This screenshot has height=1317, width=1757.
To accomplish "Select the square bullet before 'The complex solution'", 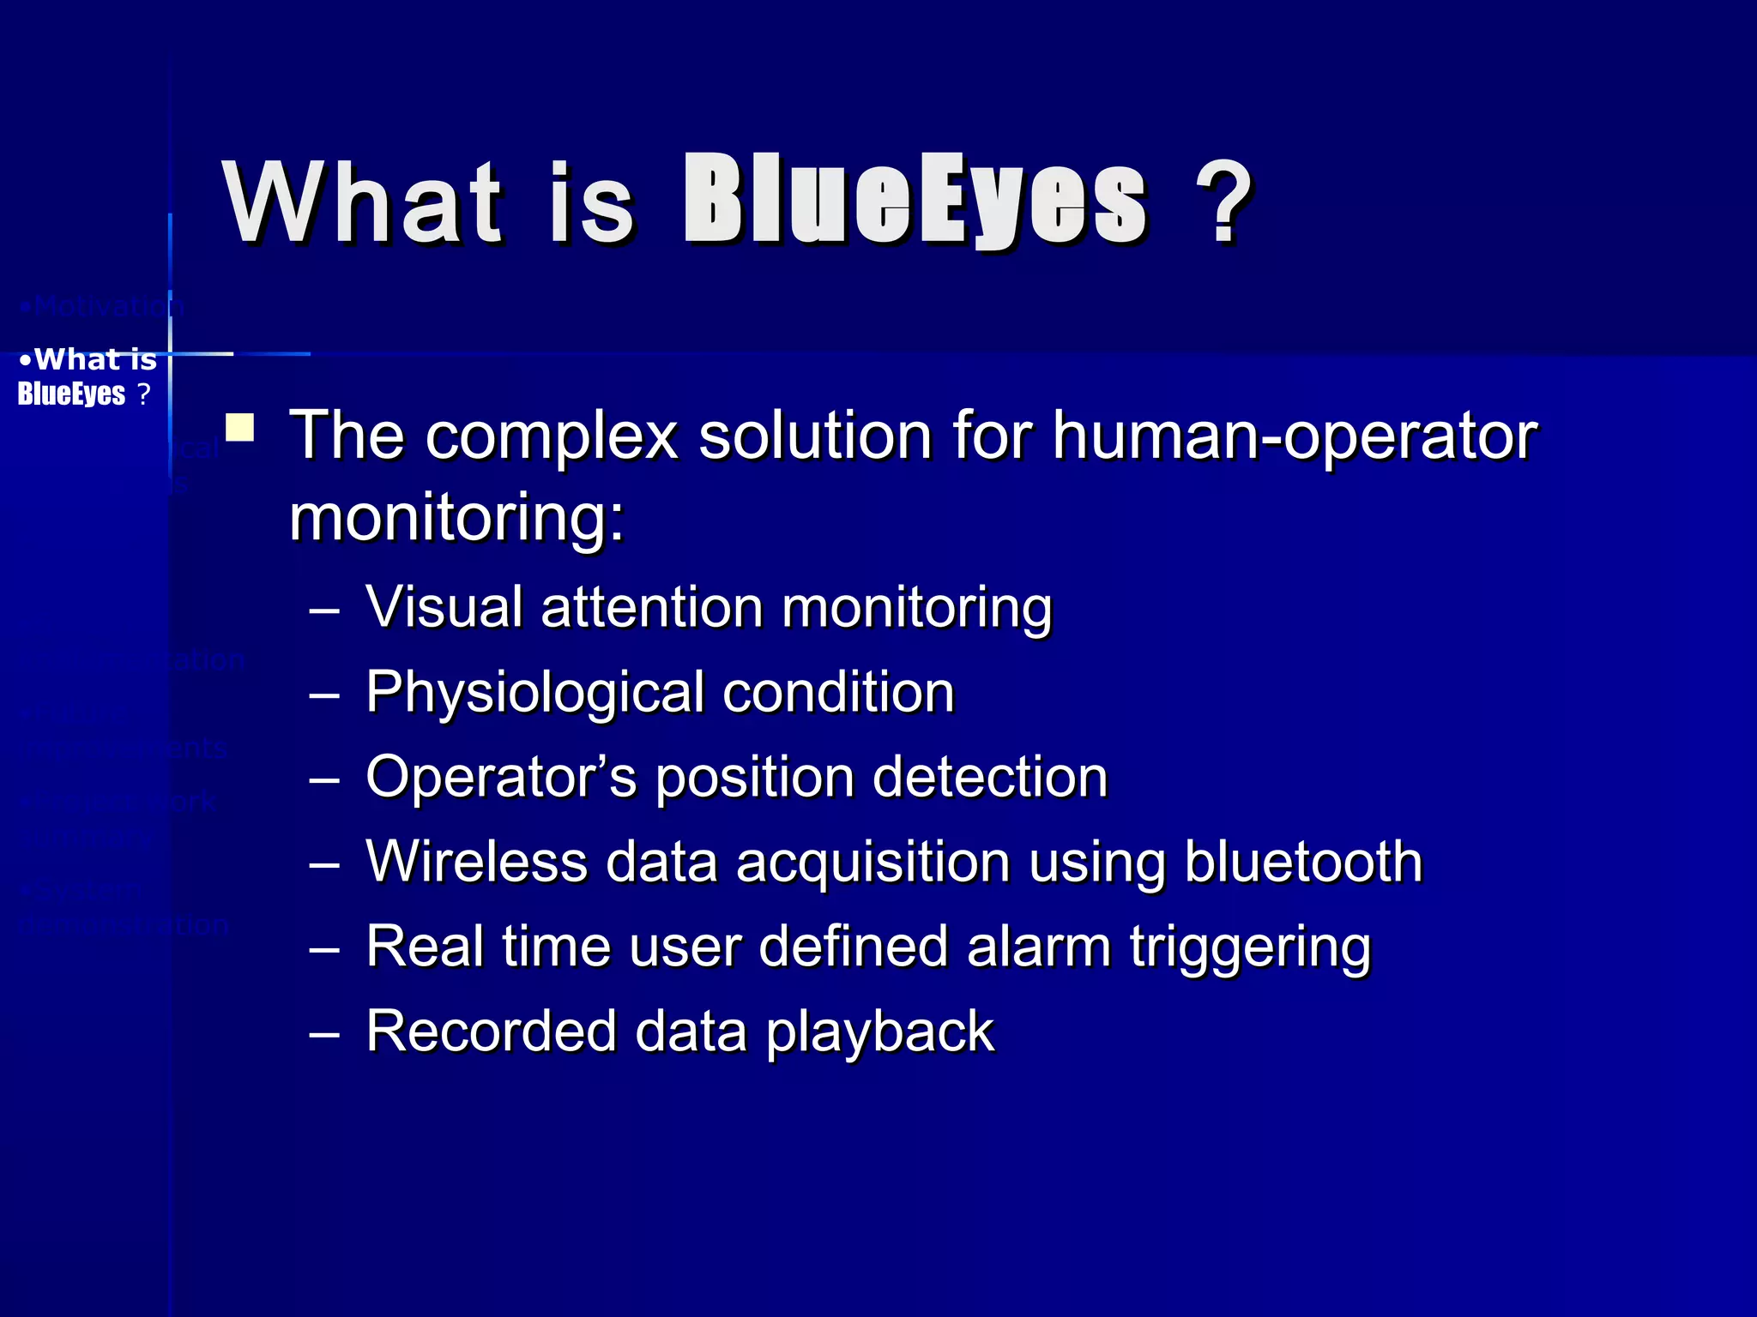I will tap(239, 428).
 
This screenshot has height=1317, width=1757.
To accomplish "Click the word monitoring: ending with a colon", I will tap(457, 518).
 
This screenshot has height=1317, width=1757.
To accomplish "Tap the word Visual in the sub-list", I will tap(444, 607).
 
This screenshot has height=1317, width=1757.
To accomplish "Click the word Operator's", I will tap(501, 777).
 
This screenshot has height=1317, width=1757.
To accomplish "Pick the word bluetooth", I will tap(1303, 861).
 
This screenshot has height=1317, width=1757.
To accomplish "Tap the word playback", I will tap(879, 1031).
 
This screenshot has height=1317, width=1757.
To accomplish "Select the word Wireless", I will tap(476, 861).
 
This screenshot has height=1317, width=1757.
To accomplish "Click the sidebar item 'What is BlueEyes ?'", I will tap(87, 376).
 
